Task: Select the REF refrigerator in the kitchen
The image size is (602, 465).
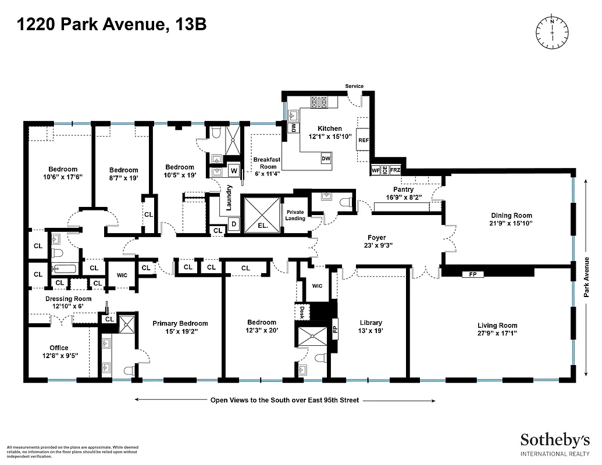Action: (x=364, y=140)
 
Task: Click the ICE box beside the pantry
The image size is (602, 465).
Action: (x=385, y=170)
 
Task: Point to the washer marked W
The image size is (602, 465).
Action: (x=234, y=170)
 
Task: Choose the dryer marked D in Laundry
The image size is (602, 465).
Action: (x=234, y=224)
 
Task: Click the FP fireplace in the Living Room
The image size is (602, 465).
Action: (x=472, y=274)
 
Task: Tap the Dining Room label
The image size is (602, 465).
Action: (x=511, y=216)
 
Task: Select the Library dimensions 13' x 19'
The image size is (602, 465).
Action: (x=371, y=331)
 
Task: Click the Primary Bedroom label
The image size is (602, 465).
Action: (x=180, y=323)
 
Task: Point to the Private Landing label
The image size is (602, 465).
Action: (x=295, y=215)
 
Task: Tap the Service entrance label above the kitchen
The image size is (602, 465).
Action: (x=354, y=86)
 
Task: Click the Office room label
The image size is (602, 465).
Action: (x=59, y=348)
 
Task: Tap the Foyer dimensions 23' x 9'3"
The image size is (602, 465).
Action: (x=376, y=245)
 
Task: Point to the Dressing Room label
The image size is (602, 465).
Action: (x=69, y=299)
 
